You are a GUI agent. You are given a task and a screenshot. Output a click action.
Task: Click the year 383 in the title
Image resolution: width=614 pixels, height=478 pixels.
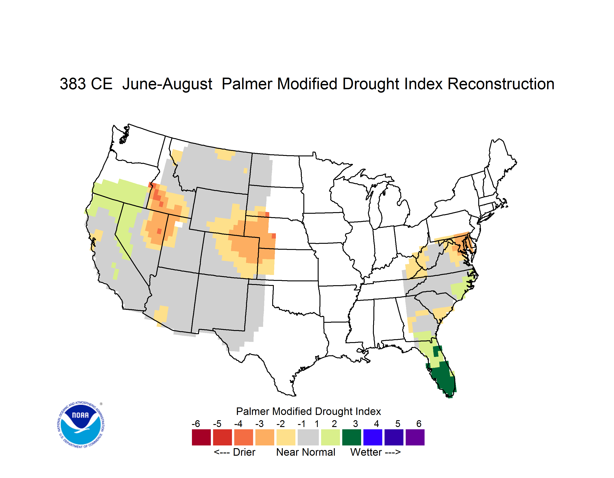73,84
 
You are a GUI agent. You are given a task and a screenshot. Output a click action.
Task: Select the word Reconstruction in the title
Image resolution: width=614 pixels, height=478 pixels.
501,84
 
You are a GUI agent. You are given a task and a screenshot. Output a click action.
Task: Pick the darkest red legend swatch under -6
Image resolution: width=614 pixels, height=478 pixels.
201,437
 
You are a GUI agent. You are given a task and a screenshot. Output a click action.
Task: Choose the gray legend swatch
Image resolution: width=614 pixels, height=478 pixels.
308,437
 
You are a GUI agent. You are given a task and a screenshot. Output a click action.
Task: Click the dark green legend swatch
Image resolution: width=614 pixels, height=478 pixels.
351,437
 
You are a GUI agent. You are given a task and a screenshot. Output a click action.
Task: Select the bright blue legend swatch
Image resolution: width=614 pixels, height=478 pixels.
373,437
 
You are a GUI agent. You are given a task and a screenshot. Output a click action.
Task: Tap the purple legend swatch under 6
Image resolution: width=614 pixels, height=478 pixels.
415,437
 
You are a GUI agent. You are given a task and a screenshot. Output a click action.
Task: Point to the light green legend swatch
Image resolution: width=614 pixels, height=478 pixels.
330,437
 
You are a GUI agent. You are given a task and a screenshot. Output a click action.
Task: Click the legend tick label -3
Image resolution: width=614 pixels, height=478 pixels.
259,424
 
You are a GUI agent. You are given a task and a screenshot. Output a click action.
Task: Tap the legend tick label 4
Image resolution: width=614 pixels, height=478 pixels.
376,424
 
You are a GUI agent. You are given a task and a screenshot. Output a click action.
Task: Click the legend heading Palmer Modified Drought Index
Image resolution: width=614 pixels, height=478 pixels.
308,411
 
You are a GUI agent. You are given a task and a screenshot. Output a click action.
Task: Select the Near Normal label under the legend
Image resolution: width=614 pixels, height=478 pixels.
306,452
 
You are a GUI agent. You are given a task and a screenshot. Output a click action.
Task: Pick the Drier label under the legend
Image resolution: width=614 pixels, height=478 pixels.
244,452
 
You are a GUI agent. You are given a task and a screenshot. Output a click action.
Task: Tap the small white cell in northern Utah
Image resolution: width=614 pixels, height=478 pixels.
179,224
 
